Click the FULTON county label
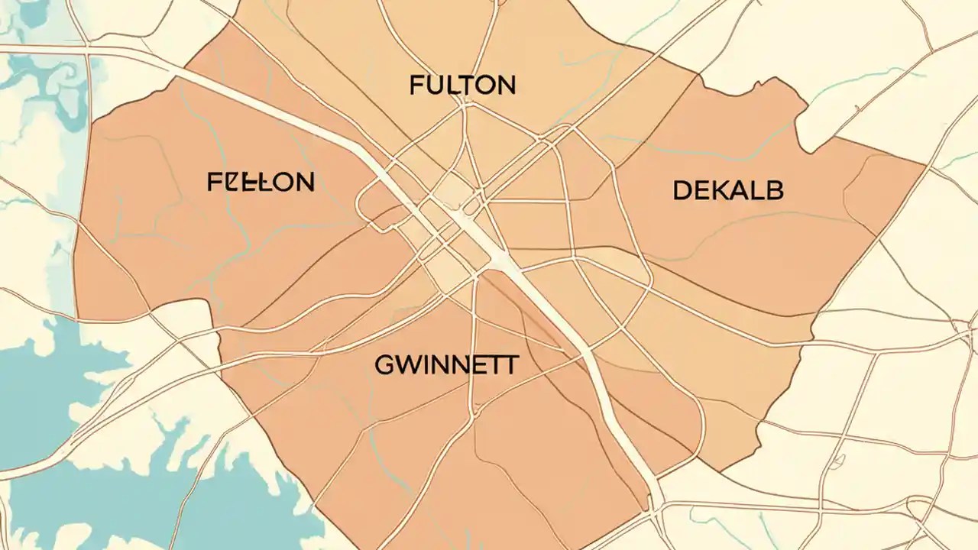click(x=462, y=86)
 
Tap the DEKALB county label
click(x=728, y=190)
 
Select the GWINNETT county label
click(x=446, y=364)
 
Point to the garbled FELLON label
click(x=261, y=182)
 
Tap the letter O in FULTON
click(x=484, y=86)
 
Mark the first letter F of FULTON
click(x=417, y=86)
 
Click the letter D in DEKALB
click(x=682, y=190)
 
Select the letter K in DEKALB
click(x=718, y=190)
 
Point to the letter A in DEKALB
click(x=737, y=190)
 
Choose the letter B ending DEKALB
click(x=775, y=190)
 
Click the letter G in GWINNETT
click(x=384, y=365)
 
